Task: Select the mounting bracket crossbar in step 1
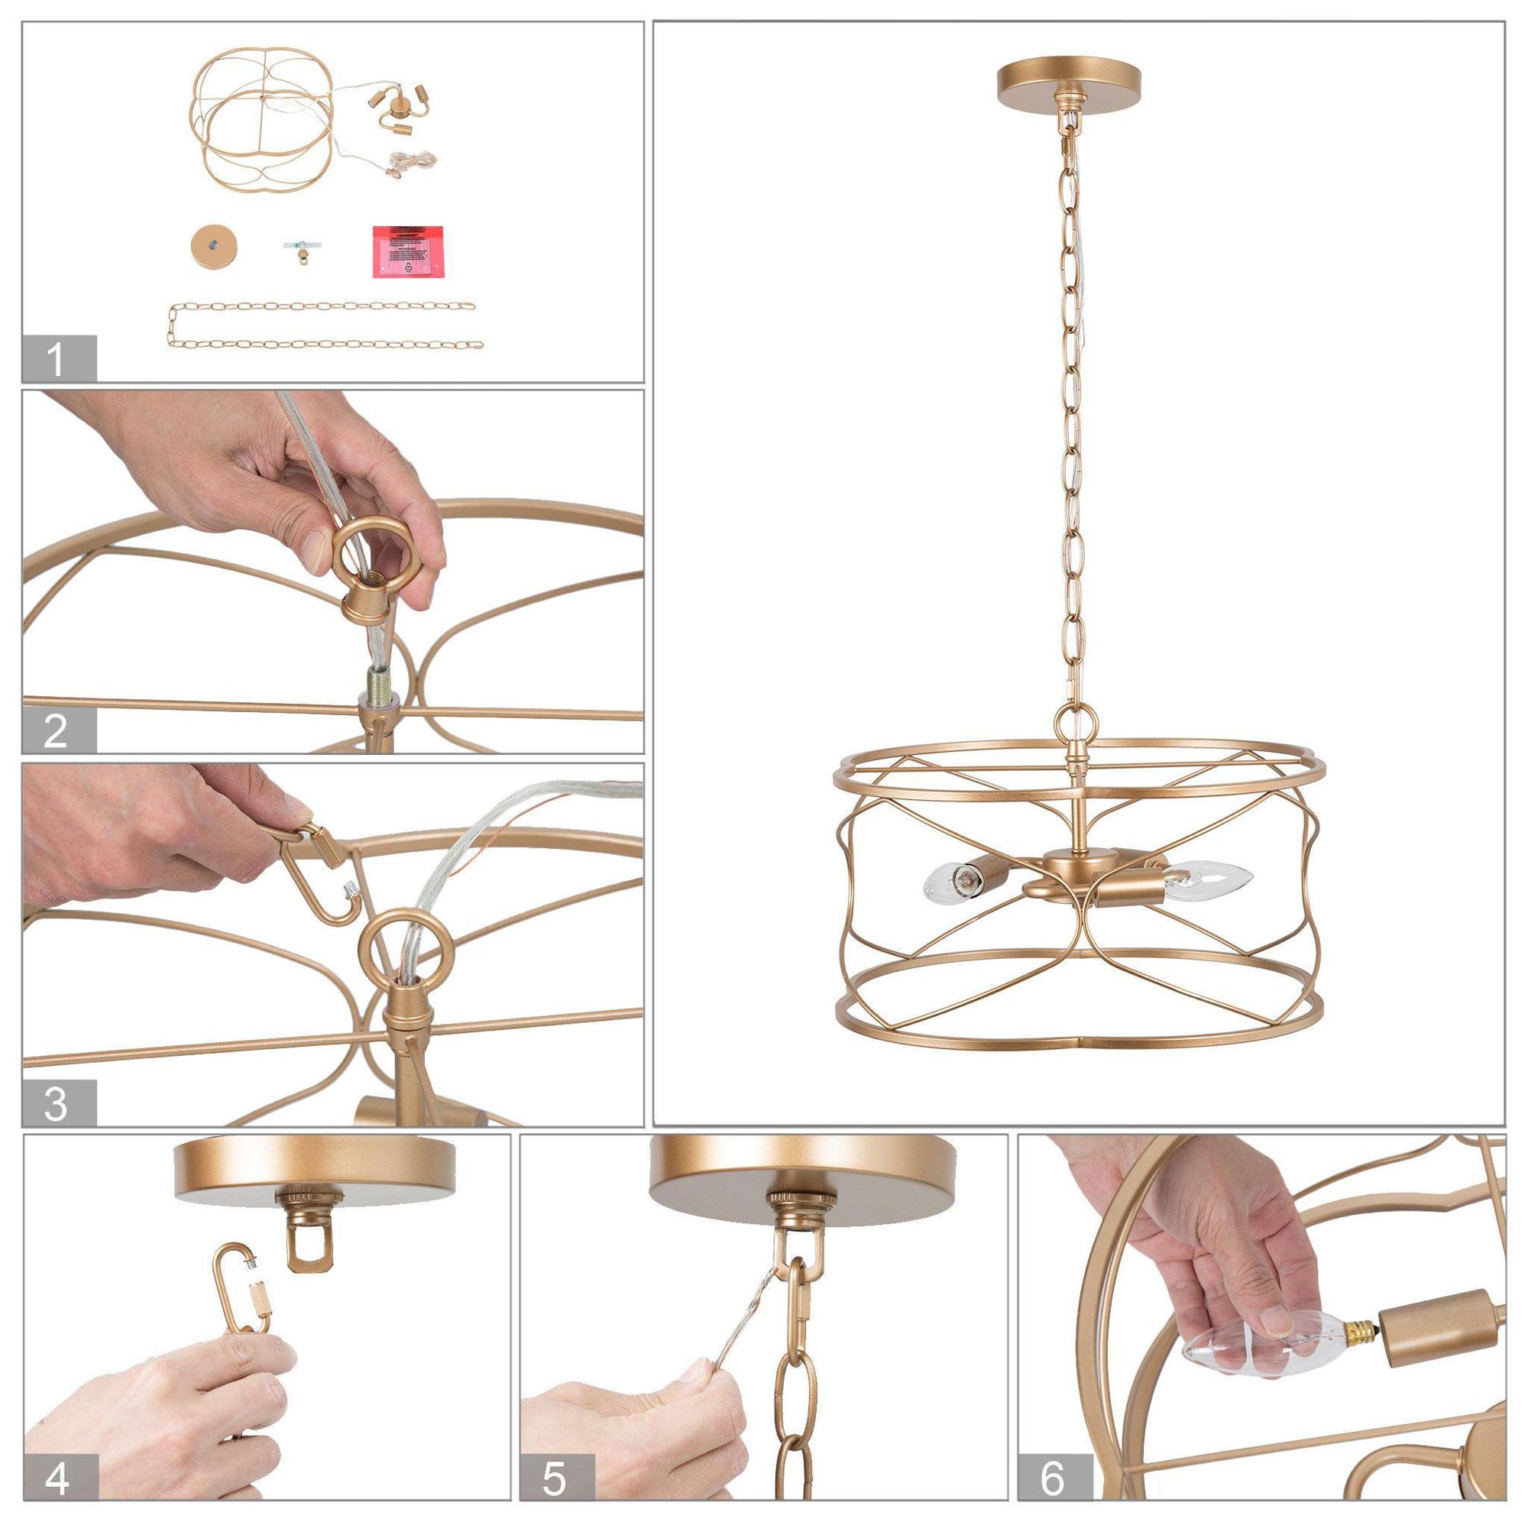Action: (298, 247)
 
